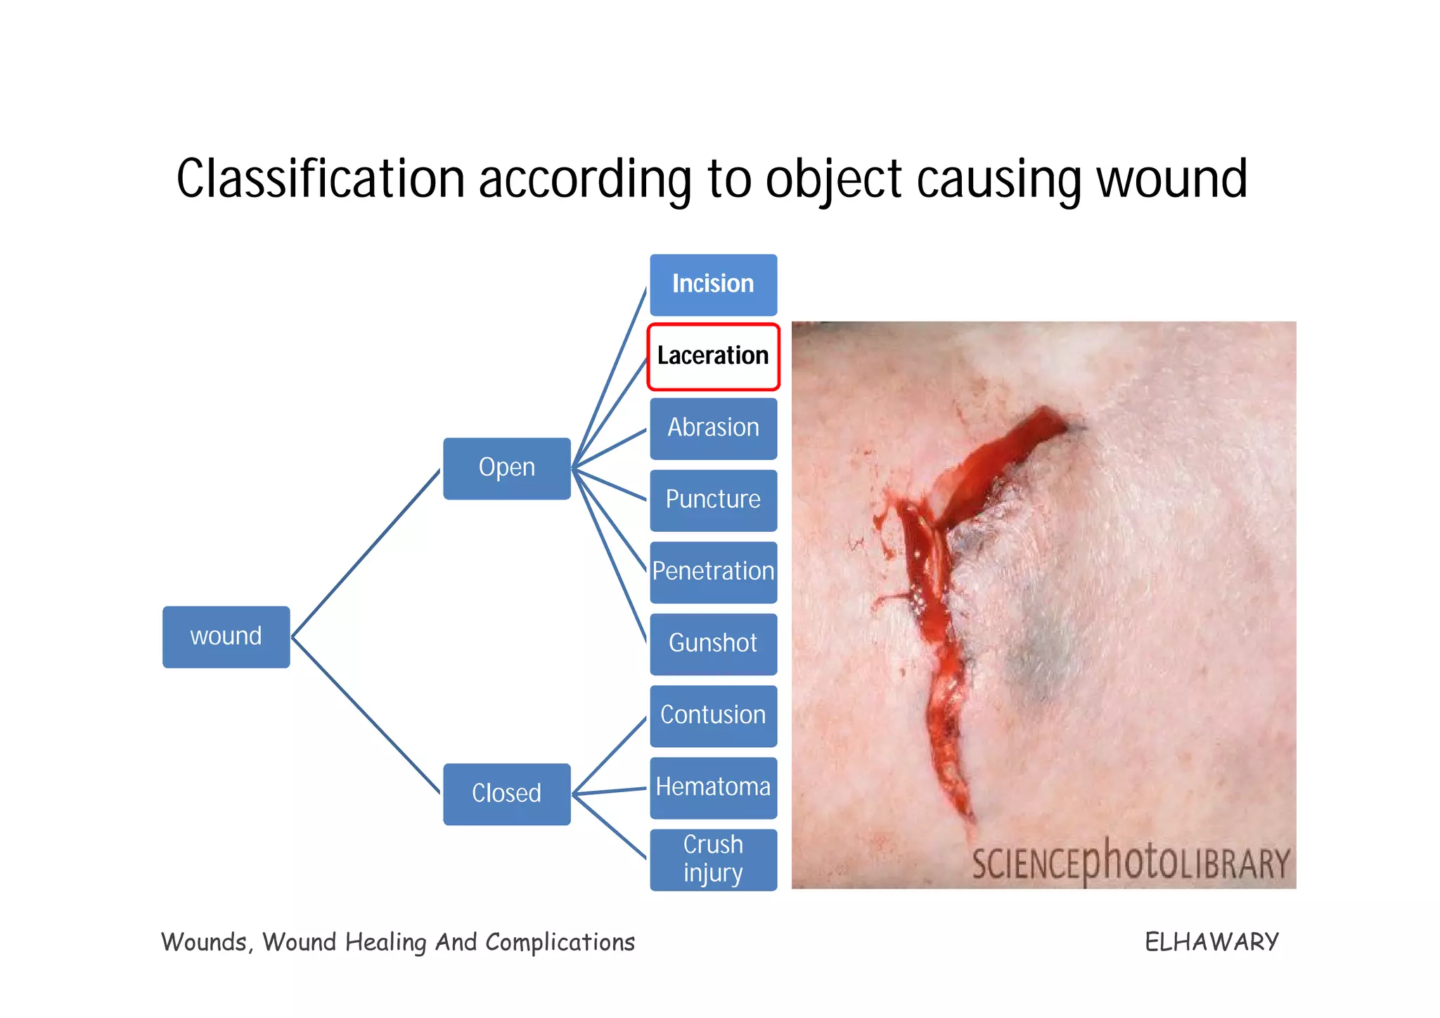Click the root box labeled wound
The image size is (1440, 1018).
[x=226, y=637]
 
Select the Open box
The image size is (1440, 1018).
[x=506, y=469]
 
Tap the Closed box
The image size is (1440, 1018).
[x=506, y=794]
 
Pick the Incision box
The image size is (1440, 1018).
[x=713, y=284]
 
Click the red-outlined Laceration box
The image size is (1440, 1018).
[x=713, y=356]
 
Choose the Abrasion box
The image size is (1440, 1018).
[x=713, y=428]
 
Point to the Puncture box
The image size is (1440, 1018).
[x=713, y=500]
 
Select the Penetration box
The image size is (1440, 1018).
[x=713, y=572]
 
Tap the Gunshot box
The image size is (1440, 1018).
[x=713, y=644]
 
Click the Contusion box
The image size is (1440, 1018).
[x=713, y=715]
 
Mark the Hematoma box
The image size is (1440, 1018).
[x=713, y=787]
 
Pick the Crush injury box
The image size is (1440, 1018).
[x=713, y=859]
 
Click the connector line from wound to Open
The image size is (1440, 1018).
[x=366, y=554]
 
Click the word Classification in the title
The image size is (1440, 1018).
[x=321, y=179]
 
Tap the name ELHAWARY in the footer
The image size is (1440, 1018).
[x=1211, y=942]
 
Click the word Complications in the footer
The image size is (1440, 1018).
[x=560, y=942]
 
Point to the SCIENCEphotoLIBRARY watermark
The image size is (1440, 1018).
[x=1131, y=863]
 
